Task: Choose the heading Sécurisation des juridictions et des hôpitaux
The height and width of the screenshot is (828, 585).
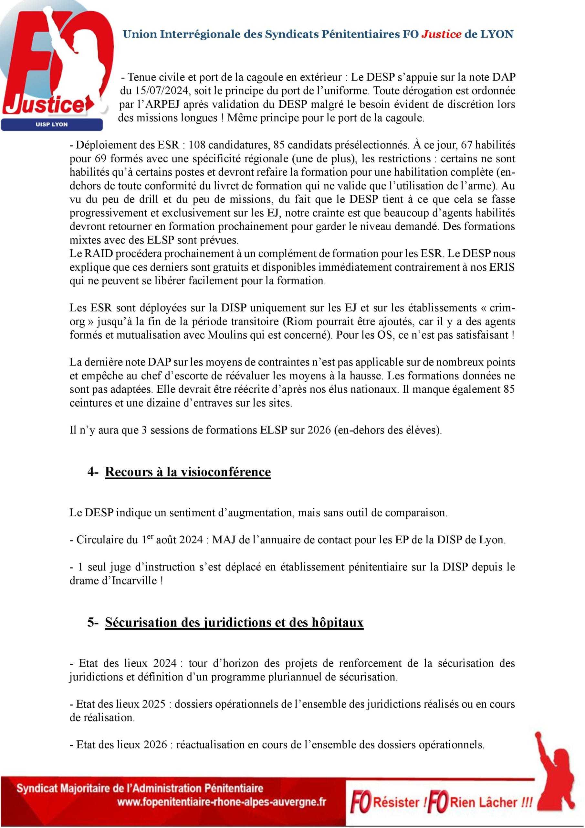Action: pos(234,622)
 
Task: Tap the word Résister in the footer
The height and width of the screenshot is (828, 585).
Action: pos(396,802)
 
